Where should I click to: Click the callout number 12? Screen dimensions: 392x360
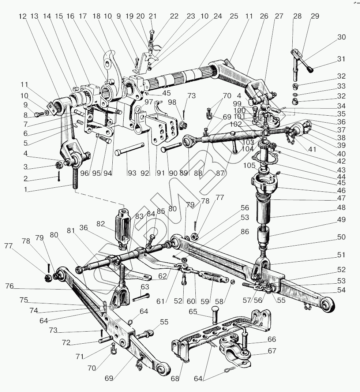point(23,16)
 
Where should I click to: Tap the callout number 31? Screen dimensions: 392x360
point(341,59)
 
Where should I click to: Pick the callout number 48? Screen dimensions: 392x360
point(341,207)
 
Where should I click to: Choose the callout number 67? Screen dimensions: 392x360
point(271,351)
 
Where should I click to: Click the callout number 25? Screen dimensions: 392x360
point(234,16)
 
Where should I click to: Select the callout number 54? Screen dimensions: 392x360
point(341,290)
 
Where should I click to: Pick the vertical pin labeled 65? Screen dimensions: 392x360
point(215,314)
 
